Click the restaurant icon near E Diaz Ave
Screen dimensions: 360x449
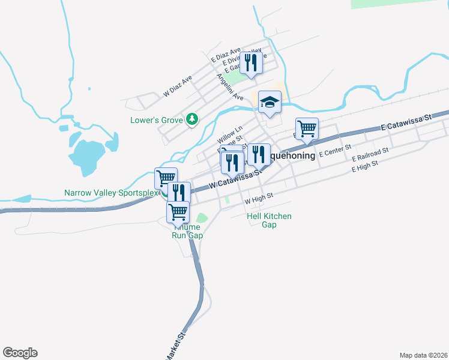[251, 62]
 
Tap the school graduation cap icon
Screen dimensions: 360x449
[270, 103]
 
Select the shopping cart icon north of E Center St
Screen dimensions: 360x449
[307, 128]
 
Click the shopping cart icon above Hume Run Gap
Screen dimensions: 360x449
[178, 212]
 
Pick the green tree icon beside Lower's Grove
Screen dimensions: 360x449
[192, 120]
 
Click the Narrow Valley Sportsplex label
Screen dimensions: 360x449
[111, 193]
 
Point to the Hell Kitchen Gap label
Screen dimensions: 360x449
[270, 220]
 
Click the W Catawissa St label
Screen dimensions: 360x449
[236, 179]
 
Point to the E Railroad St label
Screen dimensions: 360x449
[370, 154]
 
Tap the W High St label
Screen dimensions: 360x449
[259, 196]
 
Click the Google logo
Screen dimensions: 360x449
[20, 353]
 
